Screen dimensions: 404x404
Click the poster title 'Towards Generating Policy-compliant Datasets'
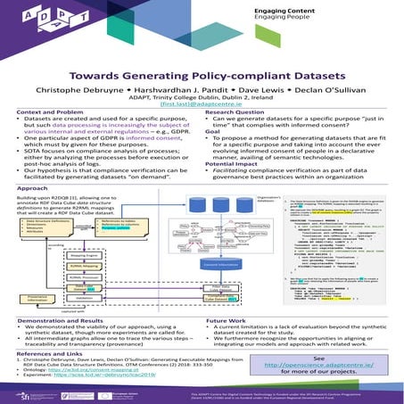(x=202, y=75)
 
